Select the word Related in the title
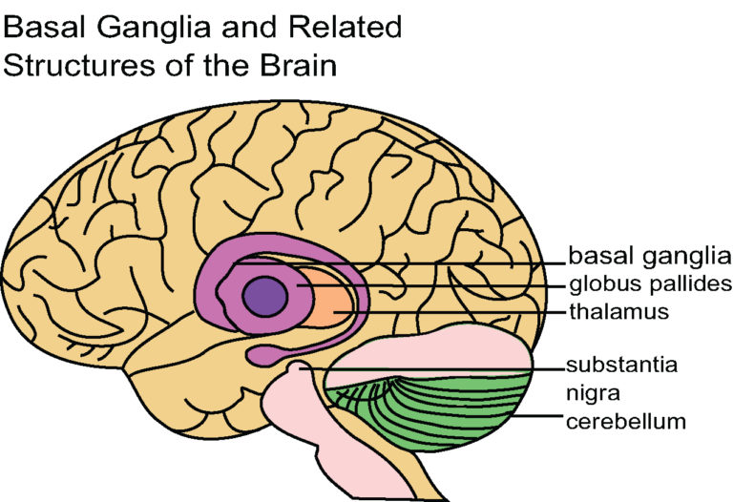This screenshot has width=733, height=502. click(353, 26)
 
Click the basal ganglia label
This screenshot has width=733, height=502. click(641, 257)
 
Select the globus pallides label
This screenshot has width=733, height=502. click(649, 283)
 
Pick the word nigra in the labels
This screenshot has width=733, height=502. click(594, 391)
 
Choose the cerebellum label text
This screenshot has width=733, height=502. click(624, 420)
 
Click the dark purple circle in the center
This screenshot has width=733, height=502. click(265, 296)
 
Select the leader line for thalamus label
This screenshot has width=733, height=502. click(458, 311)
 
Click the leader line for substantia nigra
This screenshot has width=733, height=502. click(429, 366)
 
